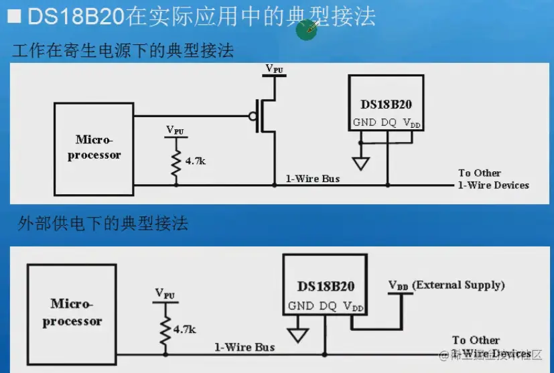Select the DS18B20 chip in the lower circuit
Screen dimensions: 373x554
click(x=325, y=285)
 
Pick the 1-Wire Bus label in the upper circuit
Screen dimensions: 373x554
click(x=313, y=179)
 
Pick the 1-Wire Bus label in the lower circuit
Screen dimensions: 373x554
click(x=245, y=347)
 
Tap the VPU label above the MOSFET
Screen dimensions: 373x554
click(x=274, y=68)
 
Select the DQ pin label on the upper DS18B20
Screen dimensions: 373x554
click(x=389, y=123)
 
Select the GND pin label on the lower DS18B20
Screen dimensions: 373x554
click(x=301, y=306)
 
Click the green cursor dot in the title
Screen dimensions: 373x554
click(x=307, y=29)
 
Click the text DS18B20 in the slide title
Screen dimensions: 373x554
click(x=76, y=16)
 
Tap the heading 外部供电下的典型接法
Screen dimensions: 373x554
click(x=102, y=223)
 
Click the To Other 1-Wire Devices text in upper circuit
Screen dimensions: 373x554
click(x=493, y=179)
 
